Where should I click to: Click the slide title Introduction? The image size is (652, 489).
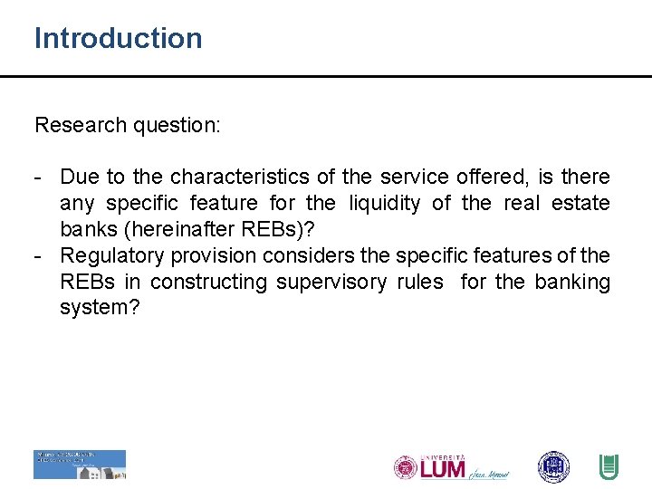[x=119, y=38]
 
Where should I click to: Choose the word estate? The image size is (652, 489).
[x=580, y=204]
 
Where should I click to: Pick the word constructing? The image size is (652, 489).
[x=208, y=282]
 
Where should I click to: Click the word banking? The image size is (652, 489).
[x=572, y=282]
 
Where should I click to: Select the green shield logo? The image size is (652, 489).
[x=609, y=467]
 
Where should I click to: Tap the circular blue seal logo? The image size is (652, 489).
[x=553, y=467]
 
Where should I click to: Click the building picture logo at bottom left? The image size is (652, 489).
[x=80, y=465]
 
